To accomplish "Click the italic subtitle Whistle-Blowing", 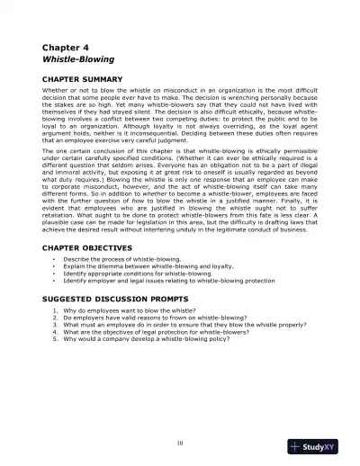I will tap(79, 61).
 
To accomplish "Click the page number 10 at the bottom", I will tap(180, 444).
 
